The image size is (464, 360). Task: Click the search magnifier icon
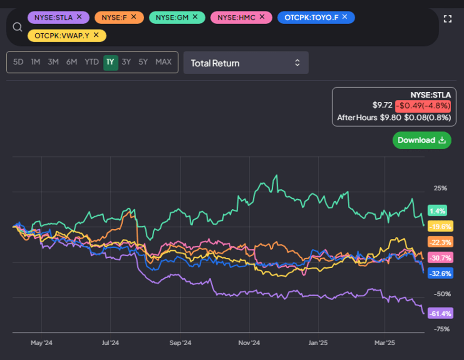point(18,27)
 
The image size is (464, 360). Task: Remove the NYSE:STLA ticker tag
point(79,17)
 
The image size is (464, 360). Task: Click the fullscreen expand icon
point(447,19)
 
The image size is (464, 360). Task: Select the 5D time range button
point(18,62)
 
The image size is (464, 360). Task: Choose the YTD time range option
point(91,62)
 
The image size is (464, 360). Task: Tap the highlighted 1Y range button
point(110,62)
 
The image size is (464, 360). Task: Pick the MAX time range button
point(163,62)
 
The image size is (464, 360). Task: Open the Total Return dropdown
point(246,63)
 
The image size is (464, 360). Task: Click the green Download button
point(422,140)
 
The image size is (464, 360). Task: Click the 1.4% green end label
point(437,211)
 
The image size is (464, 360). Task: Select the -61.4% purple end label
point(440,313)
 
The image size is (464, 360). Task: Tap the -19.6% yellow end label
point(440,226)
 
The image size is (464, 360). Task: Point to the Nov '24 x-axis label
point(249,342)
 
